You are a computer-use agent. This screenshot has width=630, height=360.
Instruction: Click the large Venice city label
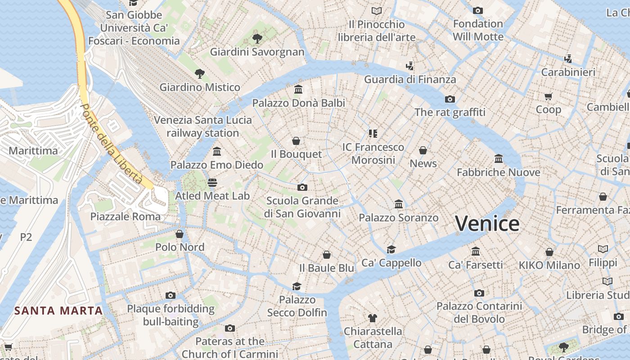pyautogui.click(x=487, y=224)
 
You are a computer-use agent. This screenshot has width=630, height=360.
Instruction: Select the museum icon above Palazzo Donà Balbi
pyautogui.click(x=298, y=90)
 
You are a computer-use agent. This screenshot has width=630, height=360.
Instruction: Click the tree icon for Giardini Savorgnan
pyautogui.click(x=257, y=39)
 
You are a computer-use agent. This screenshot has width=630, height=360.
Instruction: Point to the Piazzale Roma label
pyautogui.click(x=125, y=216)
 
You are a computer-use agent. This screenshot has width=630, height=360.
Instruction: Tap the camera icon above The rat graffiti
pyautogui.click(x=450, y=99)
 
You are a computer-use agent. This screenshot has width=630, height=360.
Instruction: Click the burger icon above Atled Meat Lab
pyautogui.click(x=212, y=183)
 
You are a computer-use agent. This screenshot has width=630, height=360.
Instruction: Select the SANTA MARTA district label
pyautogui.click(x=58, y=310)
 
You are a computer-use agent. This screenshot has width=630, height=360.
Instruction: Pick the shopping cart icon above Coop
pyautogui.click(x=548, y=96)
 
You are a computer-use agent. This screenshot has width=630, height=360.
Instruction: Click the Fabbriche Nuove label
pyautogui.click(x=498, y=172)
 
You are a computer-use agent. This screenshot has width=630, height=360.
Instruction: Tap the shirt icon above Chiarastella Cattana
pyautogui.click(x=372, y=318)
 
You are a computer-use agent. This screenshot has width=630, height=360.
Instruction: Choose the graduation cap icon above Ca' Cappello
pyautogui.click(x=391, y=249)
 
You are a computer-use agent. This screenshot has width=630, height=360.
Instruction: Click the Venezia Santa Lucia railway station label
pyautogui.click(x=203, y=126)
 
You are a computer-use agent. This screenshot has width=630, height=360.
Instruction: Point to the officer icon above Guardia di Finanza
pyautogui.click(x=409, y=66)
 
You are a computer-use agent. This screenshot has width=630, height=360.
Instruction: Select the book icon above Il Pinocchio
pyautogui.click(x=377, y=11)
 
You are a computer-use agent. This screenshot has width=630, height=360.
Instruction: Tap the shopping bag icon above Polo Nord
pyautogui.click(x=180, y=234)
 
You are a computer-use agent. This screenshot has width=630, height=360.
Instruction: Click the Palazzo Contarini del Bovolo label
pyautogui.click(x=479, y=313)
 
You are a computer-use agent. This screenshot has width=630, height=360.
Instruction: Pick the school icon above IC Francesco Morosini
pyautogui.click(x=373, y=134)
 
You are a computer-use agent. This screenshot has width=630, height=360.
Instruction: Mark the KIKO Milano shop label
pyautogui.click(x=549, y=265)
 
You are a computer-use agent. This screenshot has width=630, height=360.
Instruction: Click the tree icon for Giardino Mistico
pyautogui.click(x=199, y=73)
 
